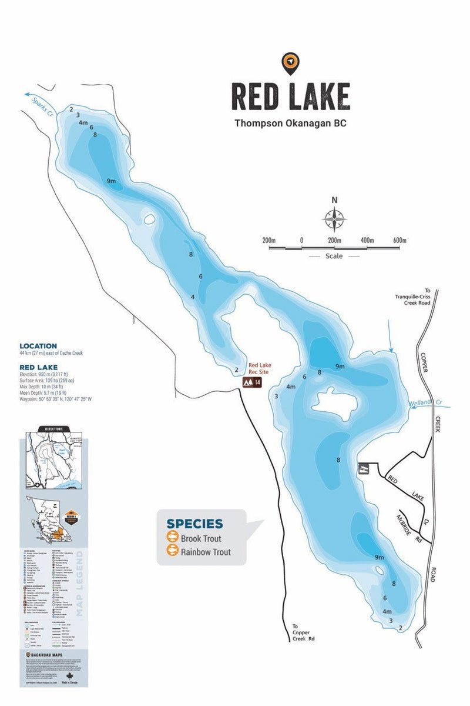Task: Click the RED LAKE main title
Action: coord(290,96)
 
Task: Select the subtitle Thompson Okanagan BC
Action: coord(290,124)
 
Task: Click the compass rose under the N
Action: coord(334,219)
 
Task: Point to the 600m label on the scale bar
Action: coord(399,241)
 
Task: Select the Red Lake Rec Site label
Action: coord(260,369)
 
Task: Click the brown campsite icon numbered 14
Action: coord(252,382)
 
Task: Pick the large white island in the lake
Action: coord(335,404)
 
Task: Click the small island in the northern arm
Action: coord(149,219)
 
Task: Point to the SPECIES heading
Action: coord(194,524)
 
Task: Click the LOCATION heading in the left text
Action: coord(38,346)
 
